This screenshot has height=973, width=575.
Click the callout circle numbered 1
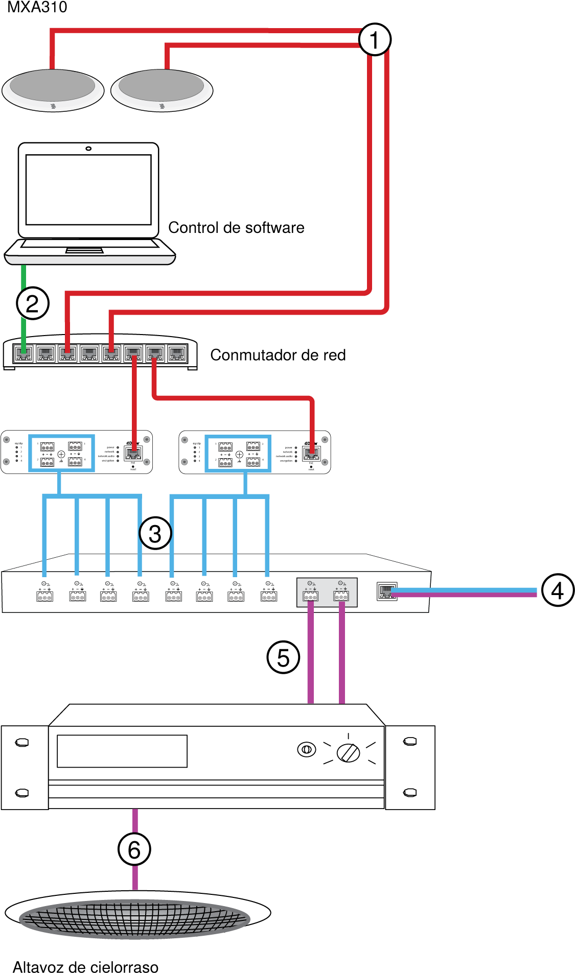(374, 40)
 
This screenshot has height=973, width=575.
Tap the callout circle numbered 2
(32, 304)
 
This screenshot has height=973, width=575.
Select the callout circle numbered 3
(155, 533)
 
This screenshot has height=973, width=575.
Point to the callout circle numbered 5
(282, 657)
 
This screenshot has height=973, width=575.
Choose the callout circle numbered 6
(134, 850)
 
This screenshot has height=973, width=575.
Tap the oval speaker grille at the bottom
(134, 918)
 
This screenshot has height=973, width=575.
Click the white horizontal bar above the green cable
(90, 259)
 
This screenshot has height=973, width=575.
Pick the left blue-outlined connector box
(61, 454)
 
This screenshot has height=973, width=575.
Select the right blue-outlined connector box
(238, 454)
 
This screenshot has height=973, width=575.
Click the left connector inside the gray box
(310, 596)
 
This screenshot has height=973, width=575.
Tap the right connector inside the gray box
(341, 596)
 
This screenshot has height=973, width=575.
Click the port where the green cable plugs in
(24, 353)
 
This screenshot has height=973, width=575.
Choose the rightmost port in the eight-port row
(177, 353)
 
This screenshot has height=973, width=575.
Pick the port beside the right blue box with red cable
(311, 453)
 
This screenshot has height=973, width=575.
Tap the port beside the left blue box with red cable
(133, 453)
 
